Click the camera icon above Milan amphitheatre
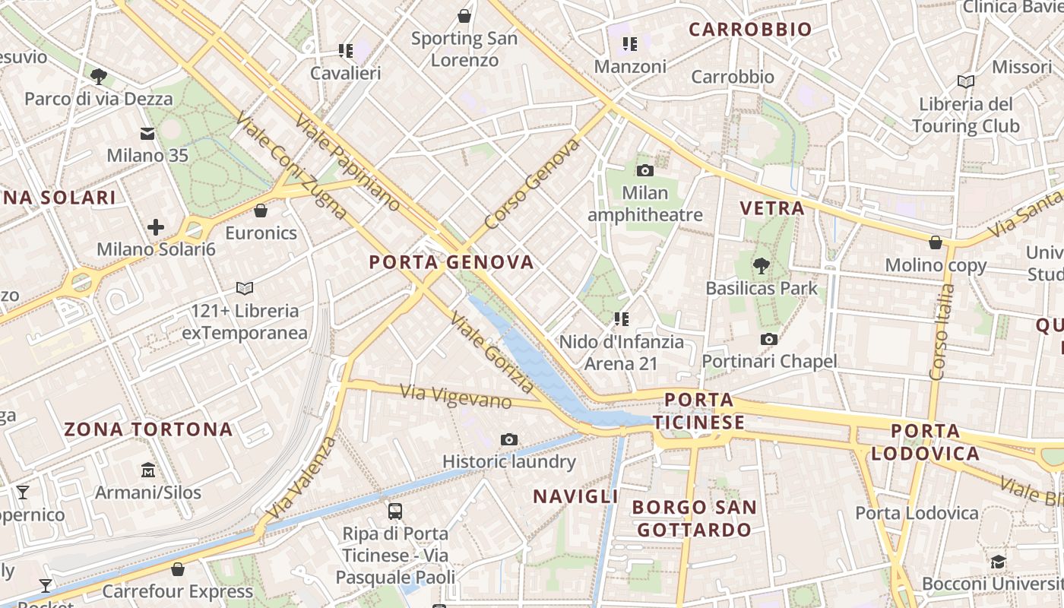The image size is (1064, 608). pyautogui.click(x=645, y=170)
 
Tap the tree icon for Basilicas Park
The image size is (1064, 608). pyautogui.click(x=761, y=266)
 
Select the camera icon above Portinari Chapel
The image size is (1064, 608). pyautogui.click(x=769, y=339)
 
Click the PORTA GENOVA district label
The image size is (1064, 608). pyautogui.click(x=451, y=263)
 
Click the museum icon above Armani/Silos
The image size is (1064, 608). pyautogui.click(x=148, y=470)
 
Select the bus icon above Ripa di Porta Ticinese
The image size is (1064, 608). pyautogui.click(x=394, y=511)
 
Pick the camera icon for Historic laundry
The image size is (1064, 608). pyautogui.click(x=509, y=439)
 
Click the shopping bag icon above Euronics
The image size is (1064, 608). pyautogui.click(x=261, y=211)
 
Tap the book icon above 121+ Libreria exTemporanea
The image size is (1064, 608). pyautogui.click(x=245, y=288)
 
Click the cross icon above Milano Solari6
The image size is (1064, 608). pyautogui.click(x=156, y=226)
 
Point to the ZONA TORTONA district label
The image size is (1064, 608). pyautogui.click(x=148, y=429)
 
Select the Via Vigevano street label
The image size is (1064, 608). pyautogui.click(x=455, y=396)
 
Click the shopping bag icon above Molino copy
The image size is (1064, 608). pyautogui.click(x=936, y=242)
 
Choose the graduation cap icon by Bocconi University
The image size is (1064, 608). pyautogui.click(x=998, y=562)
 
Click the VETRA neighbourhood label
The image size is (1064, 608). pyautogui.click(x=771, y=208)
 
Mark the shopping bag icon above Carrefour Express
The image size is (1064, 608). pyautogui.click(x=178, y=569)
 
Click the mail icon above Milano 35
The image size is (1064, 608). pyautogui.click(x=147, y=134)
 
